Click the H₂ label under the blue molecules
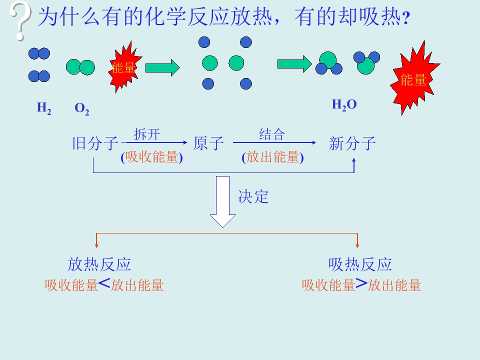44,108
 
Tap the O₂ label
81,108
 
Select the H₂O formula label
344,104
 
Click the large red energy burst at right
414,79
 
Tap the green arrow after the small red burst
162,67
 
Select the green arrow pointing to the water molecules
294,64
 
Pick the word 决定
253,196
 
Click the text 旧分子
95,143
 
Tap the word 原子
208,143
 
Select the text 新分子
352,143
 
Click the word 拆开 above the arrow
147,134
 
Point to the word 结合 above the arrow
272,134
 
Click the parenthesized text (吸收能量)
151,157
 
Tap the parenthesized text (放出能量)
272,157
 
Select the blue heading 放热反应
99,264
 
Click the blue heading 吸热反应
360,264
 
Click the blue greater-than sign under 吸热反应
361,283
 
